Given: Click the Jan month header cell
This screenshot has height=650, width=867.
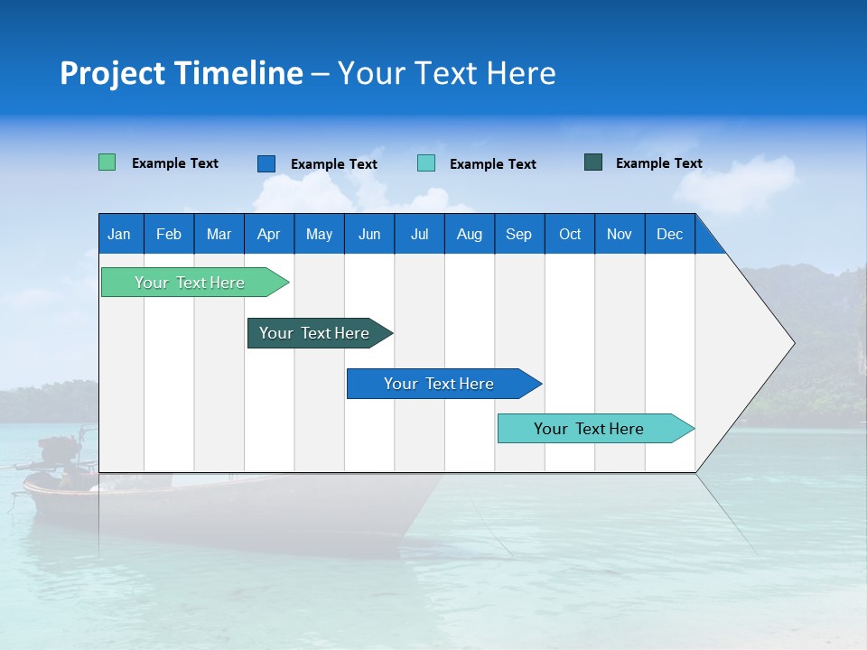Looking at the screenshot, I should coord(120,234).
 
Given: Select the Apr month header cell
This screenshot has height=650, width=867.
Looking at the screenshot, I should coord(269,234).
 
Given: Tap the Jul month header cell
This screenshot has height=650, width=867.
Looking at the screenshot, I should coord(420,234).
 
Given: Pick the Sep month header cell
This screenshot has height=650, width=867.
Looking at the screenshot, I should coord(519,234).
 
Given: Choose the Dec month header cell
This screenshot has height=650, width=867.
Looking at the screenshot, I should coord(670,234).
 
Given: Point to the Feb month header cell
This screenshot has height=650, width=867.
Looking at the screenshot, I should coord(169,234).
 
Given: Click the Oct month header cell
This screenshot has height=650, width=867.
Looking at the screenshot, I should coord(570,234).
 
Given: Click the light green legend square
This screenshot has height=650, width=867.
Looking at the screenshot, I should coord(107,162).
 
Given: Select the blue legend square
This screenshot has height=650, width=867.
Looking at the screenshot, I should coord(266,163).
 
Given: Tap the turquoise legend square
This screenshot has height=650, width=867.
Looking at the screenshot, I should coord(426,163).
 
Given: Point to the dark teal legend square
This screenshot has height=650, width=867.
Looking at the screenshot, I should coord(593,162).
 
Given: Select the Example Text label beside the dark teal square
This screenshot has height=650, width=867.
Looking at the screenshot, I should coord(658,163).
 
